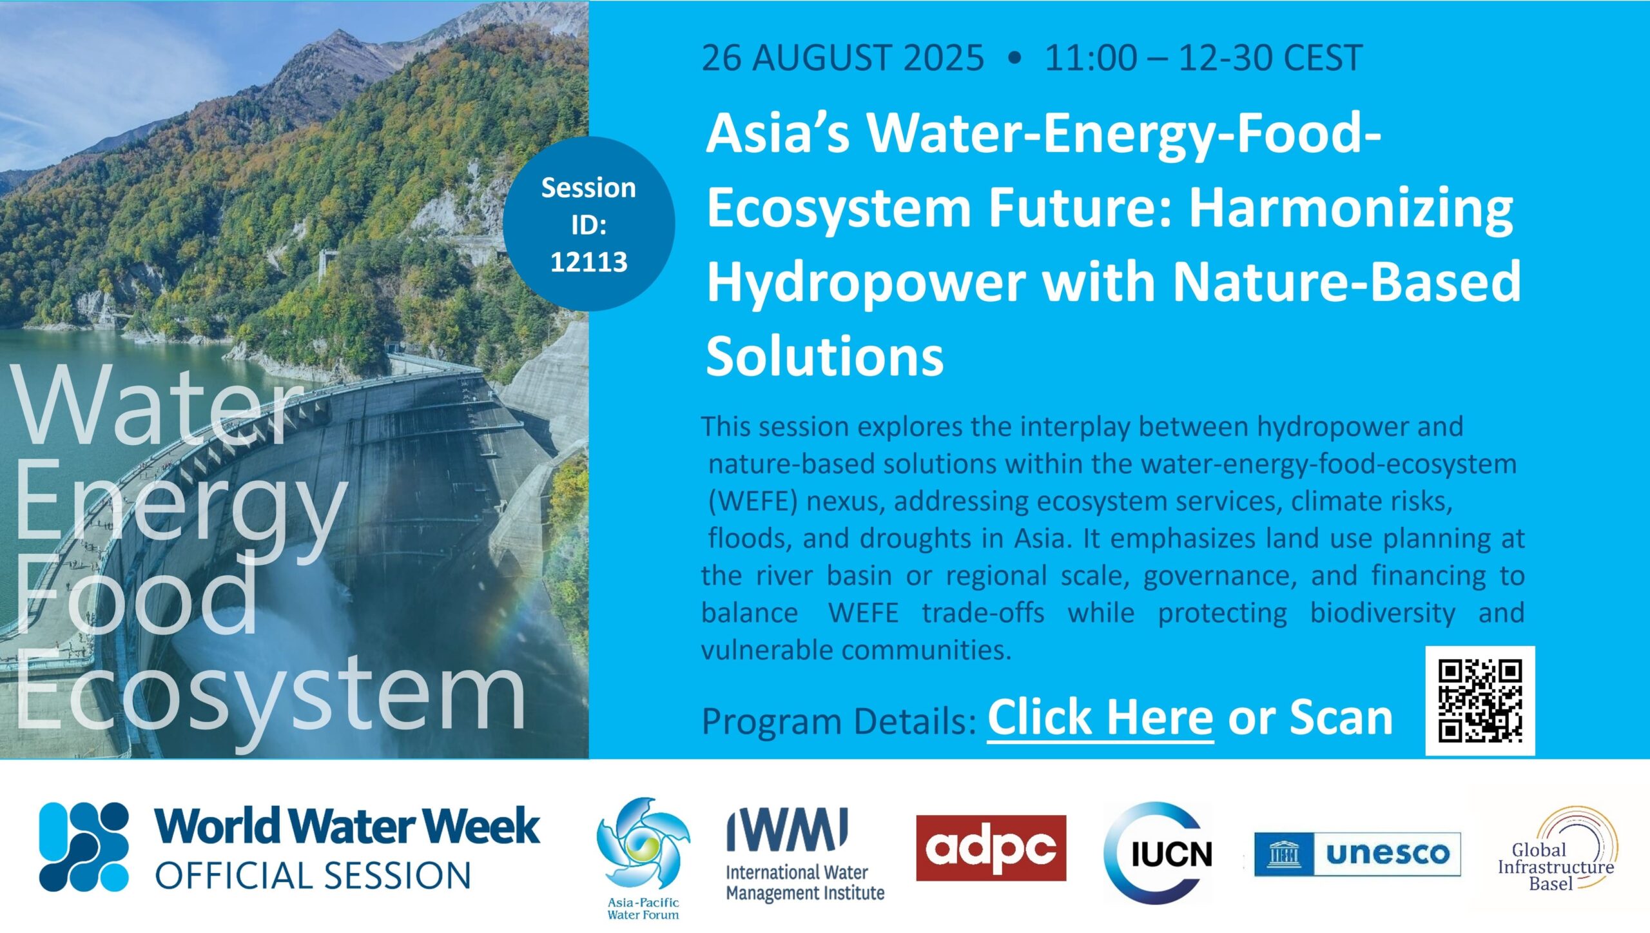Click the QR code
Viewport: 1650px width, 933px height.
(x=1480, y=700)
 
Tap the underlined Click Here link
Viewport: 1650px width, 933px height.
(x=1100, y=718)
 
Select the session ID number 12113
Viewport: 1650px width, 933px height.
(x=588, y=262)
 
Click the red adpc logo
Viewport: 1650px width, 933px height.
(x=991, y=847)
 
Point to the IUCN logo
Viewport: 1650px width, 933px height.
(x=1158, y=852)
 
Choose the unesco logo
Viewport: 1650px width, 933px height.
(x=1357, y=854)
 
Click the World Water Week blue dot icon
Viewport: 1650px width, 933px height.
(x=84, y=847)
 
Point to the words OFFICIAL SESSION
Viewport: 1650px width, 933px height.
(x=313, y=876)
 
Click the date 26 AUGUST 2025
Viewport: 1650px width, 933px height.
(x=842, y=57)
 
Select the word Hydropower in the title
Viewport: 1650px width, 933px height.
(x=866, y=282)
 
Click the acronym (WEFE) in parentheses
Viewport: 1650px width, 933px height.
(x=752, y=501)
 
